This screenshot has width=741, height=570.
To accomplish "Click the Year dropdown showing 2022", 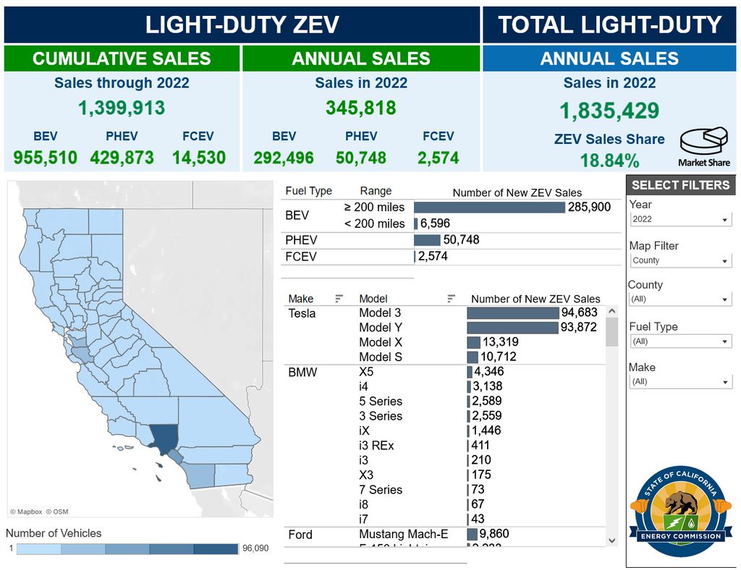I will (679, 219).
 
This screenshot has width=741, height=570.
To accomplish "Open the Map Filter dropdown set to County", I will (679, 260).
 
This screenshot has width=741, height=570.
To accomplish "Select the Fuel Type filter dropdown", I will (679, 341).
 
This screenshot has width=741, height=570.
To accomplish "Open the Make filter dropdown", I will (679, 382).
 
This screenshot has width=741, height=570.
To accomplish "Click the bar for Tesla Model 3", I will (513, 313).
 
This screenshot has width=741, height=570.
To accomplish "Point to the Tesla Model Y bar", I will (512, 328).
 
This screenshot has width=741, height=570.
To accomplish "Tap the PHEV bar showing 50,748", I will (427, 240).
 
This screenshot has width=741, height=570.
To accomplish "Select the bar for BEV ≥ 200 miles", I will (489, 208).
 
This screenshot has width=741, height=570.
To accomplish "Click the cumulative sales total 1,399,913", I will (122, 109).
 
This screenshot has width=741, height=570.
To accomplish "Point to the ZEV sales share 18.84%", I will (609, 160).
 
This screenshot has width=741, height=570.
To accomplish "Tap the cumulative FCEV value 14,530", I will (199, 158).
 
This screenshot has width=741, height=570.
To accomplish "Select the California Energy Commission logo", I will (680, 511).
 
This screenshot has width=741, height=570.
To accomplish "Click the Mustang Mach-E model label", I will (404, 535).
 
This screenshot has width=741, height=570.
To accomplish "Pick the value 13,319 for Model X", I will (500, 342).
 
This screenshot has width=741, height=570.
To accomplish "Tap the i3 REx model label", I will (376, 446).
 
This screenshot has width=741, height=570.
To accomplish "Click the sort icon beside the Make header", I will (339, 299).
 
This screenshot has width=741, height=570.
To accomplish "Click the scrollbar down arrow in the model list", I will (611, 540).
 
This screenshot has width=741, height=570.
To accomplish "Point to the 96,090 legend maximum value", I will (255, 548).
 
